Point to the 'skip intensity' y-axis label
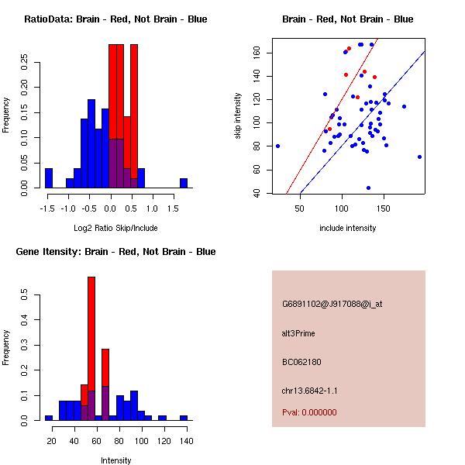[x=239, y=116]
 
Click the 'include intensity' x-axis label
[x=347, y=228]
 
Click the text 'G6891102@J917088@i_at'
[x=332, y=304]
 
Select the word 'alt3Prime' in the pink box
[x=298, y=333]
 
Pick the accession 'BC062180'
[x=301, y=362]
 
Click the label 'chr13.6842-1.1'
[x=310, y=391]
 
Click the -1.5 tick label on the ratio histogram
[x=47, y=208]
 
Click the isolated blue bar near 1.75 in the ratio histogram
[x=184, y=184]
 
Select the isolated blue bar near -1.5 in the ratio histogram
[x=49, y=178]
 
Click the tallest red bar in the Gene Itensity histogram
[x=91, y=349]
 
